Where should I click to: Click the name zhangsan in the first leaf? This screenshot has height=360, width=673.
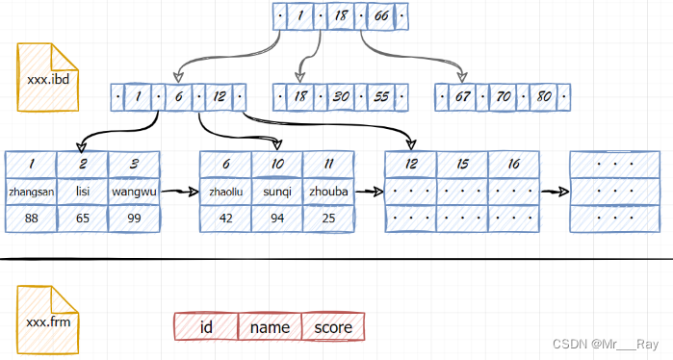pos(31,192)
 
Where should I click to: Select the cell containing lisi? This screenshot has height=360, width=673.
pos(83,192)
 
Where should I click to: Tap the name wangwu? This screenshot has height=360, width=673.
pos(134,192)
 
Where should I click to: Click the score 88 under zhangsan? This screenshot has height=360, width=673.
pos(31,219)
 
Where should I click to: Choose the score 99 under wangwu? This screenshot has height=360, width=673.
pos(134,219)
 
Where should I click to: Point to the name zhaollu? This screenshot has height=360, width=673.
pos(225,192)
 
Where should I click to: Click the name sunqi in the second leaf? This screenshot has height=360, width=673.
pos(277,192)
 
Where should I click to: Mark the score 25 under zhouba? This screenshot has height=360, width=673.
pos(328,219)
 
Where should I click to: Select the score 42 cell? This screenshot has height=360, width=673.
pos(225,219)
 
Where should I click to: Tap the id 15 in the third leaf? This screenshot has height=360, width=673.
pos(462,165)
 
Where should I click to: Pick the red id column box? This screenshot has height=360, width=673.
pos(205,327)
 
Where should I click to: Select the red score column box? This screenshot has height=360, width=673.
pos(333,327)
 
